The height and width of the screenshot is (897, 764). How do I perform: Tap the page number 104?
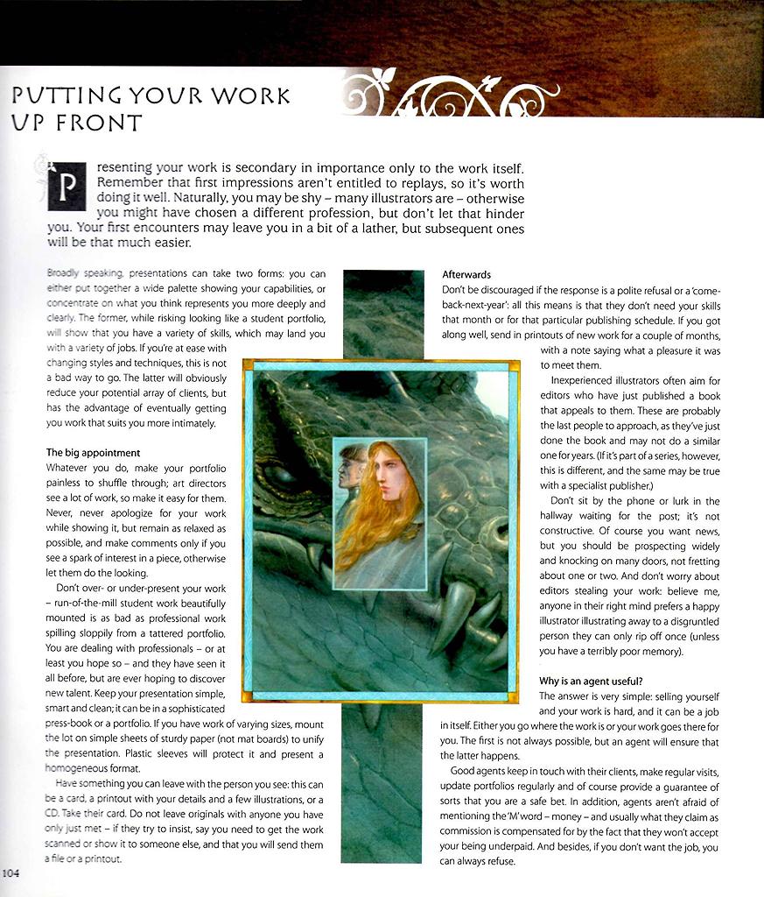11,872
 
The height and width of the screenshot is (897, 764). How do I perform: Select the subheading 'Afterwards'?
466,274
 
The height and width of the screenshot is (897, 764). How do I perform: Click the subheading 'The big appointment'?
93,453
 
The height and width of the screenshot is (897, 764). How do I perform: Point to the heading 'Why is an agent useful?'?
591,681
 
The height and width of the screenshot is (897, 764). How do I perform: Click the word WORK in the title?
252,95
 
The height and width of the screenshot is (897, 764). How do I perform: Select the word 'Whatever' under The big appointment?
67,468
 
